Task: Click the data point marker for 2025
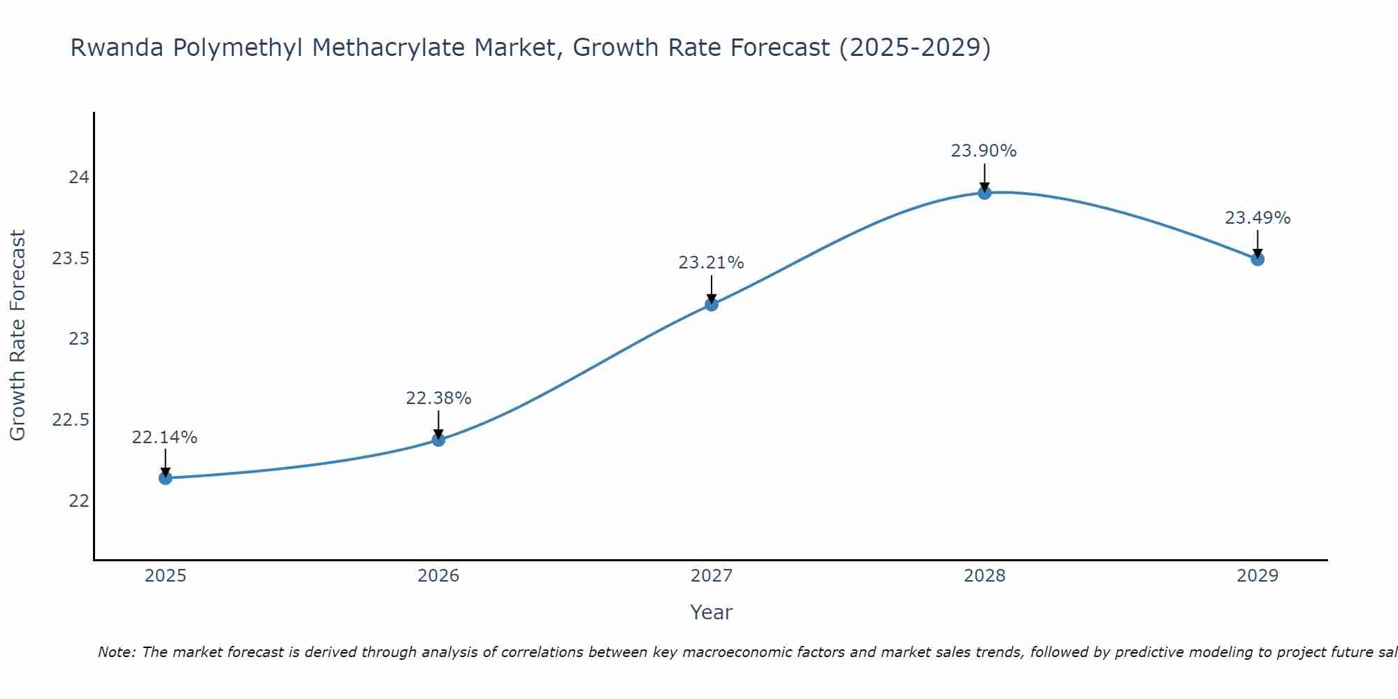(166, 478)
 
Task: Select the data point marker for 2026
(438, 440)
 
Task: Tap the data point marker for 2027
(712, 304)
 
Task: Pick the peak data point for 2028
(984, 193)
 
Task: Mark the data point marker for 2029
(1258, 259)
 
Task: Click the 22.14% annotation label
(165, 438)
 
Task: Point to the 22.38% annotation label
(438, 398)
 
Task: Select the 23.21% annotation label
(712, 263)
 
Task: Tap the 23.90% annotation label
(984, 151)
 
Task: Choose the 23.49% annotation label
(1258, 218)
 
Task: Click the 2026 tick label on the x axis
(438, 576)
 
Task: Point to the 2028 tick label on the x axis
(984, 576)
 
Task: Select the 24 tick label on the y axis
(79, 178)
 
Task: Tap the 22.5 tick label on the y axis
(71, 420)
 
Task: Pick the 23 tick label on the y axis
(79, 339)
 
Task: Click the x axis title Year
(712, 612)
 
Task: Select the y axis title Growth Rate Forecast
(18, 336)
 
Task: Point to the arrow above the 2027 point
(712, 289)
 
